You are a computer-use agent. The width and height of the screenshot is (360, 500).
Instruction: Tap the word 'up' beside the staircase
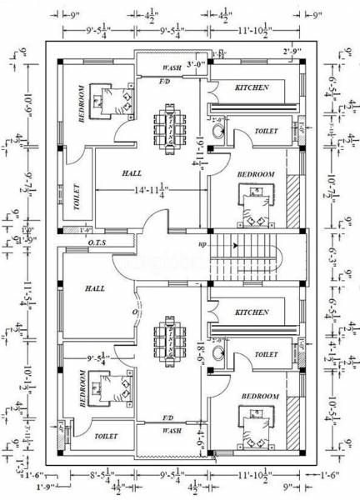click(x=202, y=245)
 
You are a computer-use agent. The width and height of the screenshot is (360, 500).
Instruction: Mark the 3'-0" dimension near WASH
click(x=196, y=63)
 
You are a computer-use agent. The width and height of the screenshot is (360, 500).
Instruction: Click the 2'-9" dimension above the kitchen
click(x=292, y=52)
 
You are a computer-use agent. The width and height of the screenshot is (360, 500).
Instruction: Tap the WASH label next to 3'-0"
click(x=172, y=66)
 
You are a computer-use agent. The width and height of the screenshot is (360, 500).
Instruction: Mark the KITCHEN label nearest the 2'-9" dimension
click(x=251, y=87)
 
